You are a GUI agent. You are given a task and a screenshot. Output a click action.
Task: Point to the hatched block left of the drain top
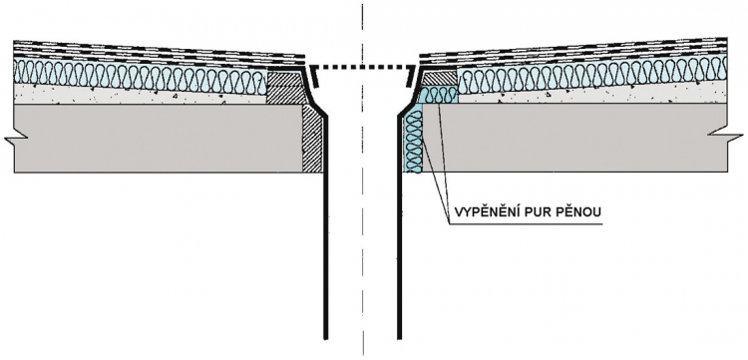(x=283, y=87)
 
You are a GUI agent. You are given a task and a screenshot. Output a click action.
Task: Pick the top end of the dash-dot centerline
(x=363, y=4)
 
